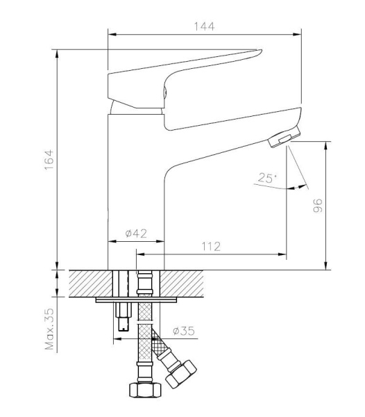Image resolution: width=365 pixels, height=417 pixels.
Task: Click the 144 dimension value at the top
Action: pos(204,26)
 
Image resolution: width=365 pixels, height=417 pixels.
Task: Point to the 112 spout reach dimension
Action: pos(211,245)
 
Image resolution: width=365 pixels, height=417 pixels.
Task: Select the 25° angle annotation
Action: pos(266,179)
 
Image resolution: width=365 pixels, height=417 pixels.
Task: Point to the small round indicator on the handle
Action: pos(164,89)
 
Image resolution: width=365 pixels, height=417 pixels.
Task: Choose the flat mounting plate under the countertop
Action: pos(137,300)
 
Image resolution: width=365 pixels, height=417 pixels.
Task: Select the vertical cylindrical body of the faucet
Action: pos(135,181)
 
